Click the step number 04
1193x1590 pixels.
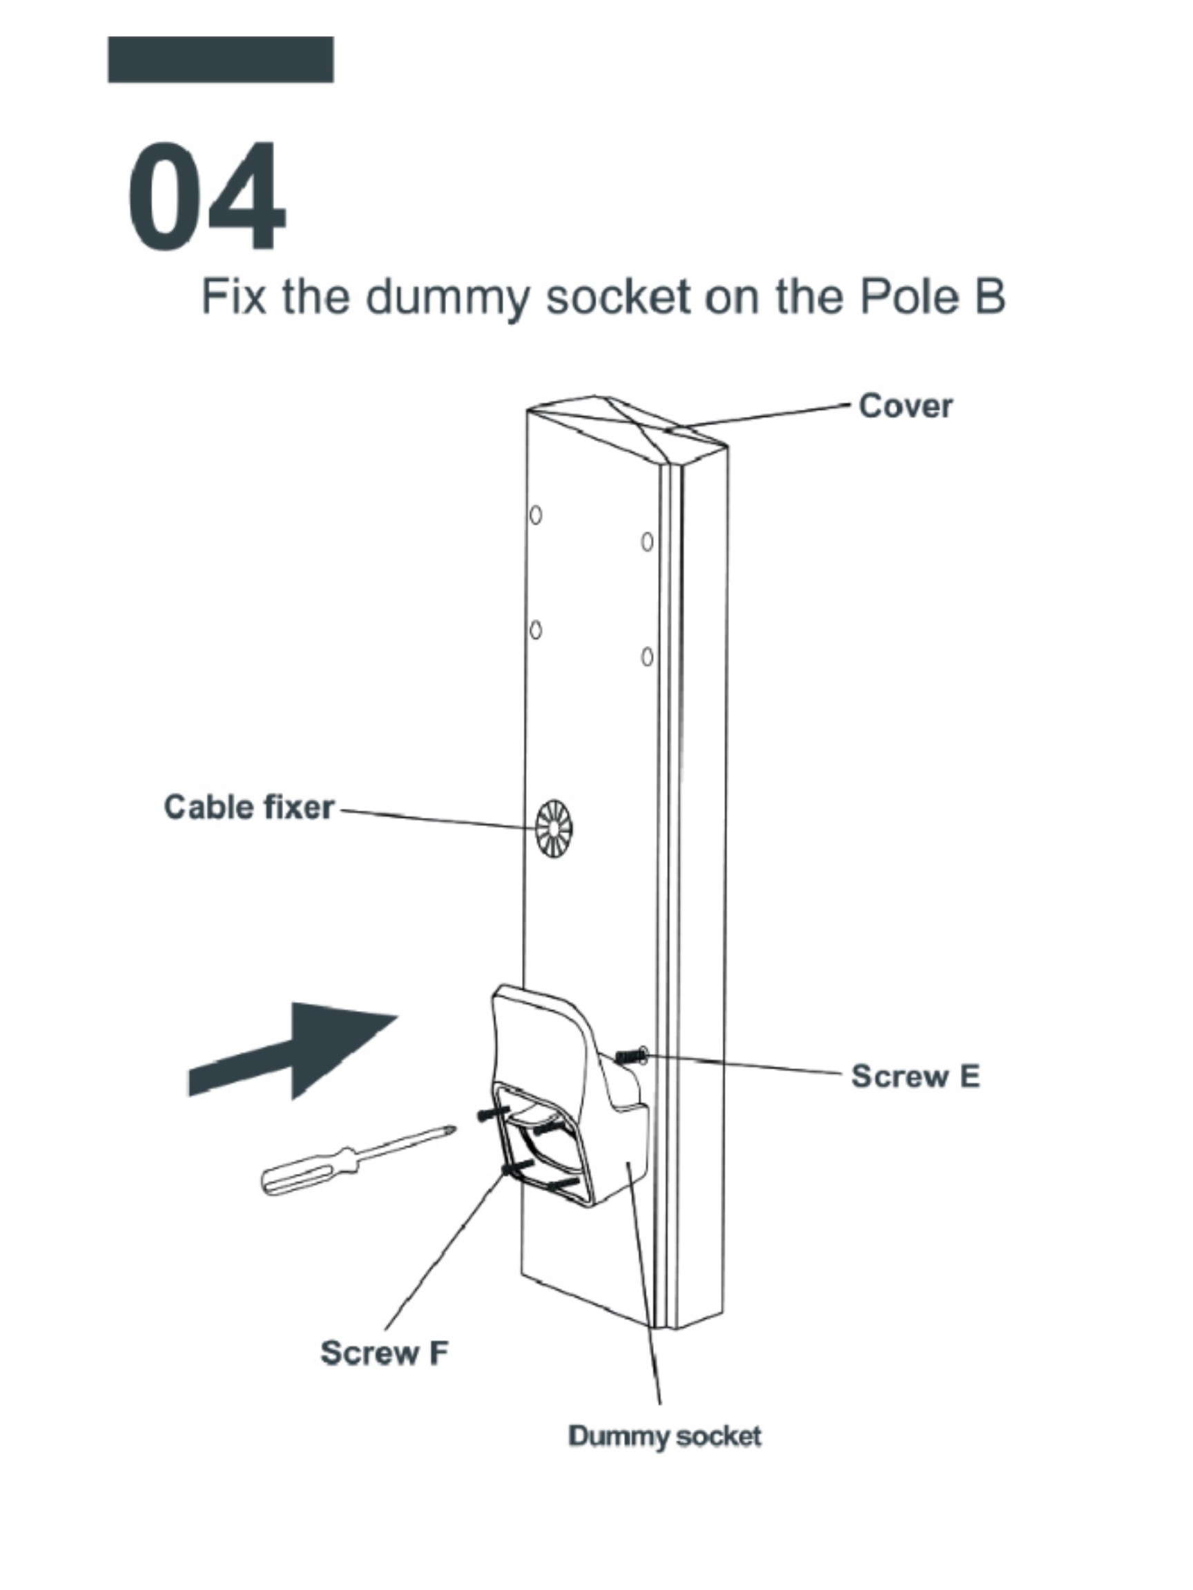click(207, 195)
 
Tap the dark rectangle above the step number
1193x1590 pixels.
click(220, 59)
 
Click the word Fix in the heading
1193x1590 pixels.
click(232, 296)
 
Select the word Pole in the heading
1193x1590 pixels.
click(909, 296)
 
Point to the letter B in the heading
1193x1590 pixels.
click(989, 296)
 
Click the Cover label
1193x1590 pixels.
click(905, 407)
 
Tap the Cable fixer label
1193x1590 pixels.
click(249, 807)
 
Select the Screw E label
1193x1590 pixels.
click(915, 1076)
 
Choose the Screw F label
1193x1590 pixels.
click(384, 1353)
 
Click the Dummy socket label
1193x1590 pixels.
click(664, 1436)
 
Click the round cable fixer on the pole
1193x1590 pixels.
click(554, 829)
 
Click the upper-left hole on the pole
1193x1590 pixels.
click(535, 516)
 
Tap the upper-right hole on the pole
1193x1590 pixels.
click(647, 542)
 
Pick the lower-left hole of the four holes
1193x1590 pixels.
click(535, 630)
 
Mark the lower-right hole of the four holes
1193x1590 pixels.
click(647, 657)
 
